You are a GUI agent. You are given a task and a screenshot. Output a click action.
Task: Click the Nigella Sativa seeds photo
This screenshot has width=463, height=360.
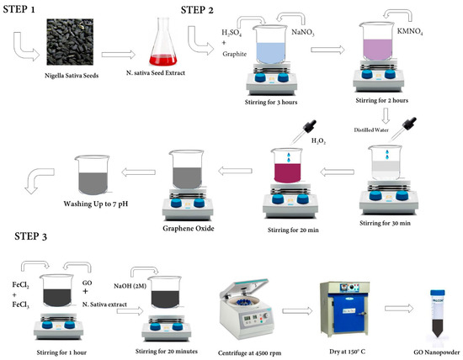pos(70,41)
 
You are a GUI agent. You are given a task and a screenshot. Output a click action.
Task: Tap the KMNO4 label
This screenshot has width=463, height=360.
pos(410,32)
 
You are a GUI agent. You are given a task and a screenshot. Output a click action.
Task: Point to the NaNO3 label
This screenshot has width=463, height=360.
pos(303,32)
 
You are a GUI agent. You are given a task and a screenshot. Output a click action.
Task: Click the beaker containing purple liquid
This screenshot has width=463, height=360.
pos(377,42)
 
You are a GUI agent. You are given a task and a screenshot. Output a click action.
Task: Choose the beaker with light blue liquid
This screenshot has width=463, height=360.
pos(270,45)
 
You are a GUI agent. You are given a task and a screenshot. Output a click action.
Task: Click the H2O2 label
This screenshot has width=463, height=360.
pos(318,141)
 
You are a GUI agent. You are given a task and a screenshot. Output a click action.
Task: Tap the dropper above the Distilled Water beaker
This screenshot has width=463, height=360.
pos(403,129)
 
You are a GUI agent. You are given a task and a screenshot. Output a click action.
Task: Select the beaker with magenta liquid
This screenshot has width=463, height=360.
pos(287,166)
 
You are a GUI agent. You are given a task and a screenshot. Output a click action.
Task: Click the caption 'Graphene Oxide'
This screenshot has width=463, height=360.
pos(189,229)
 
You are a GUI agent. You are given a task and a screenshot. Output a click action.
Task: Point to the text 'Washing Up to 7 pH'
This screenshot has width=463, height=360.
pos(96,204)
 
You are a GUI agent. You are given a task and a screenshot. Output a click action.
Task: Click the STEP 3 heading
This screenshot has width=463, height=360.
pos(30,236)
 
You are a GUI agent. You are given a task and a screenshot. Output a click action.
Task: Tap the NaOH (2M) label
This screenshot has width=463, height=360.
pos(130,286)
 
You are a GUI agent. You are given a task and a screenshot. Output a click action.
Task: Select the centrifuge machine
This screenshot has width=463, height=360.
pos(245,309)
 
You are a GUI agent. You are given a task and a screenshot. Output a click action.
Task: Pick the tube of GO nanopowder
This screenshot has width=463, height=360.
pos(437,314)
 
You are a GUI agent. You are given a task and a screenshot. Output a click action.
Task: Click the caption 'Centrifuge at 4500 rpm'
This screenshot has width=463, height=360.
pos(249,353)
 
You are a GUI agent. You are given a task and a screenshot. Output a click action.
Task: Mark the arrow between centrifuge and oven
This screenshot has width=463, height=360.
pos(297,310)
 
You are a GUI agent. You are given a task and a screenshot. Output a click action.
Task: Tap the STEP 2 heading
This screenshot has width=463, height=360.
pos(197,10)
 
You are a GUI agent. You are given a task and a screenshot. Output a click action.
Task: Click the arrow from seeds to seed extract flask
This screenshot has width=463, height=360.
pos(118,55)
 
